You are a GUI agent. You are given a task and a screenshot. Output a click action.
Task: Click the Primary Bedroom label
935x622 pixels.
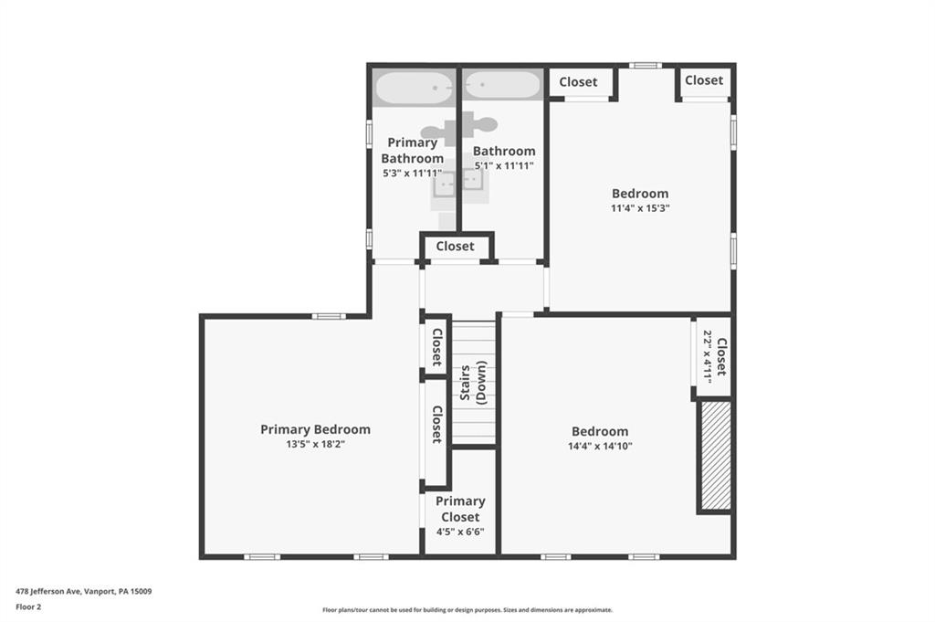[x=315, y=429]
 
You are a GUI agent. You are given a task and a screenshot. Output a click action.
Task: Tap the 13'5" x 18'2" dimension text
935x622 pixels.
[x=315, y=445]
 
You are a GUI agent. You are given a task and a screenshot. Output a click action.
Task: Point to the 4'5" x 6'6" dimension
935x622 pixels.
[x=460, y=532]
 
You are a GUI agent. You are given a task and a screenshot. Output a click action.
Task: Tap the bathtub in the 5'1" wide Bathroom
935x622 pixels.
[x=502, y=87]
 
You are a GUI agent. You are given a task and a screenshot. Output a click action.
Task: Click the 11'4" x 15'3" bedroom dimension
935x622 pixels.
[x=640, y=208]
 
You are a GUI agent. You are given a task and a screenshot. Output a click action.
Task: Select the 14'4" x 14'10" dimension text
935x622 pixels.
[x=600, y=447]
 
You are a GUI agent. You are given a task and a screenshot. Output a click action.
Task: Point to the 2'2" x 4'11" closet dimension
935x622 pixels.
[x=706, y=355]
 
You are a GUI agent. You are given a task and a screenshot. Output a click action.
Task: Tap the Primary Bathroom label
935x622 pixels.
[x=413, y=150]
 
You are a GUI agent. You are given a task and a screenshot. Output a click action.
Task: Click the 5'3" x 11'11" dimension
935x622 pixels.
[x=413, y=173]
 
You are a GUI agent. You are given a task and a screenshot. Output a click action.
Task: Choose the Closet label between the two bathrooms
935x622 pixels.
[x=455, y=246]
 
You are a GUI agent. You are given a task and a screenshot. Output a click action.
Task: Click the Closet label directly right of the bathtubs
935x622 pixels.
[x=578, y=82]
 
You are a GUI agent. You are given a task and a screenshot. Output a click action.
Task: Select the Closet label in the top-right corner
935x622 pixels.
[x=704, y=80]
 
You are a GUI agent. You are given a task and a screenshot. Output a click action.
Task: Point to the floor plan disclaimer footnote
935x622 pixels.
[x=467, y=610]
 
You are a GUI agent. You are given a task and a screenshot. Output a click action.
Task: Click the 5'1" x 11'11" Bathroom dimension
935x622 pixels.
[x=504, y=166]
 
